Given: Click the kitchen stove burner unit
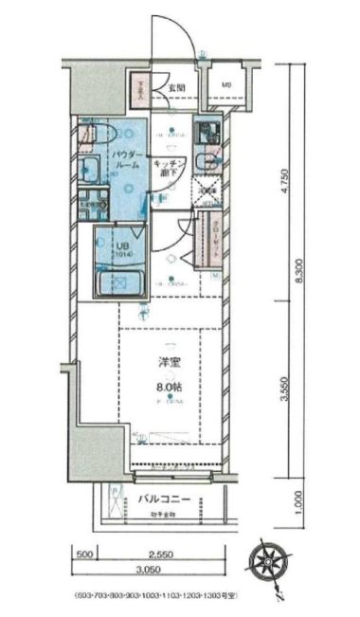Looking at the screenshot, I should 207,132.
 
